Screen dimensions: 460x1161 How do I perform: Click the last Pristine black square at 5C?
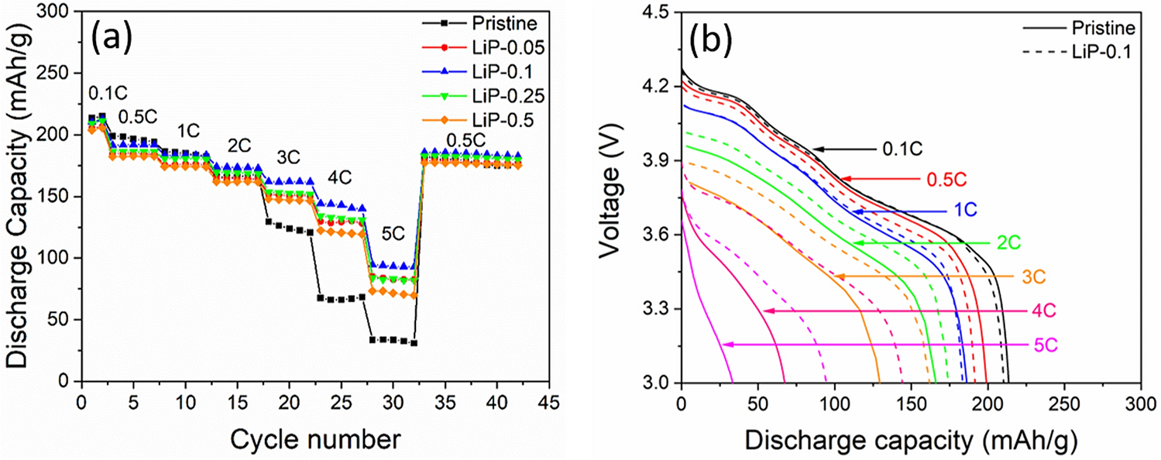(x=414, y=343)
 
